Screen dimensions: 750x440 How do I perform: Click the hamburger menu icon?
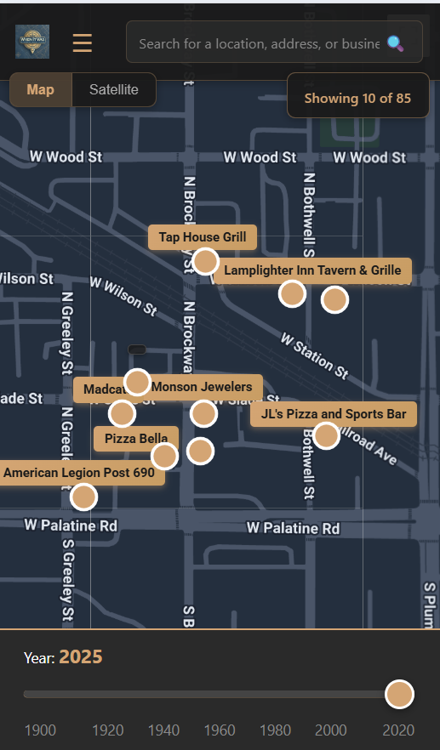(x=83, y=43)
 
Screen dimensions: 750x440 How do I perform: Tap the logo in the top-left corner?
(x=32, y=43)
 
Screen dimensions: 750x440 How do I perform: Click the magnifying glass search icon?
(x=395, y=43)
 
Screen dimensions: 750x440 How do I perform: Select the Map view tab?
(x=40, y=90)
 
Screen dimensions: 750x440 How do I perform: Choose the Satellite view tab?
(x=114, y=90)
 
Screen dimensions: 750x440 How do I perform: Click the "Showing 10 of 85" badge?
(x=357, y=99)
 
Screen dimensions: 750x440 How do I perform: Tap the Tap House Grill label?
(x=202, y=237)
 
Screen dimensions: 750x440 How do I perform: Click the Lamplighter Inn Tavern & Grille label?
(x=312, y=270)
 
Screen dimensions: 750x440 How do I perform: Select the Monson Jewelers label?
(x=203, y=387)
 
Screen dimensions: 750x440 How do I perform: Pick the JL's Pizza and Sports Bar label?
(x=334, y=414)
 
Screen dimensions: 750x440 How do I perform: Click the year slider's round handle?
(x=399, y=694)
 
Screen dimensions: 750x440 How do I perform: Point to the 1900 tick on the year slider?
(x=40, y=730)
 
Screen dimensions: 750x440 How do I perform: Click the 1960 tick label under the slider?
(x=220, y=730)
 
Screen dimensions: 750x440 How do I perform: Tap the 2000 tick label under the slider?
(x=331, y=730)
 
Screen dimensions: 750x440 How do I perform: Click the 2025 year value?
(x=81, y=656)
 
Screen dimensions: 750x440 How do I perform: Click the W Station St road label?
(x=314, y=355)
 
